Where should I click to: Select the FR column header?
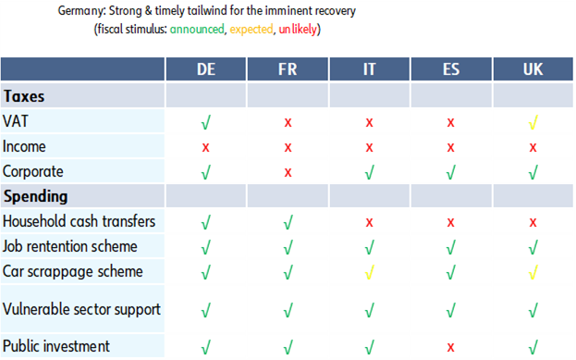pyautogui.click(x=288, y=70)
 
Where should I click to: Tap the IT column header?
pyautogui.click(x=369, y=70)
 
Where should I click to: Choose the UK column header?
pyautogui.click(x=533, y=70)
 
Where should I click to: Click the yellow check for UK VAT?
pyautogui.click(x=533, y=121)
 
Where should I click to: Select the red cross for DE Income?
pyautogui.click(x=205, y=146)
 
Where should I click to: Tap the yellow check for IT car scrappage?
pyautogui.click(x=369, y=272)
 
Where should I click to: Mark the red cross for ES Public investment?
pyautogui.click(x=451, y=347)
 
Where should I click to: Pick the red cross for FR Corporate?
pyautogui.click(x=288, y=171)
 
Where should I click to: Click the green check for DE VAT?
pyautogui.click(x=205, y=121)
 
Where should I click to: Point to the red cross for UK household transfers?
pyautogui.click(x=533, y=222)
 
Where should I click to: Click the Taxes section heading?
pyautogui.click(x=25, y=95)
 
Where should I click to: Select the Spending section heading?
pyautogui.click(x=35, y=196)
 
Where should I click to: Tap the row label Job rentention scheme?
pyautogui.click(x=70, y=247)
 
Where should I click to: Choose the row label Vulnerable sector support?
pyautogui.click(x=81, y=310)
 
